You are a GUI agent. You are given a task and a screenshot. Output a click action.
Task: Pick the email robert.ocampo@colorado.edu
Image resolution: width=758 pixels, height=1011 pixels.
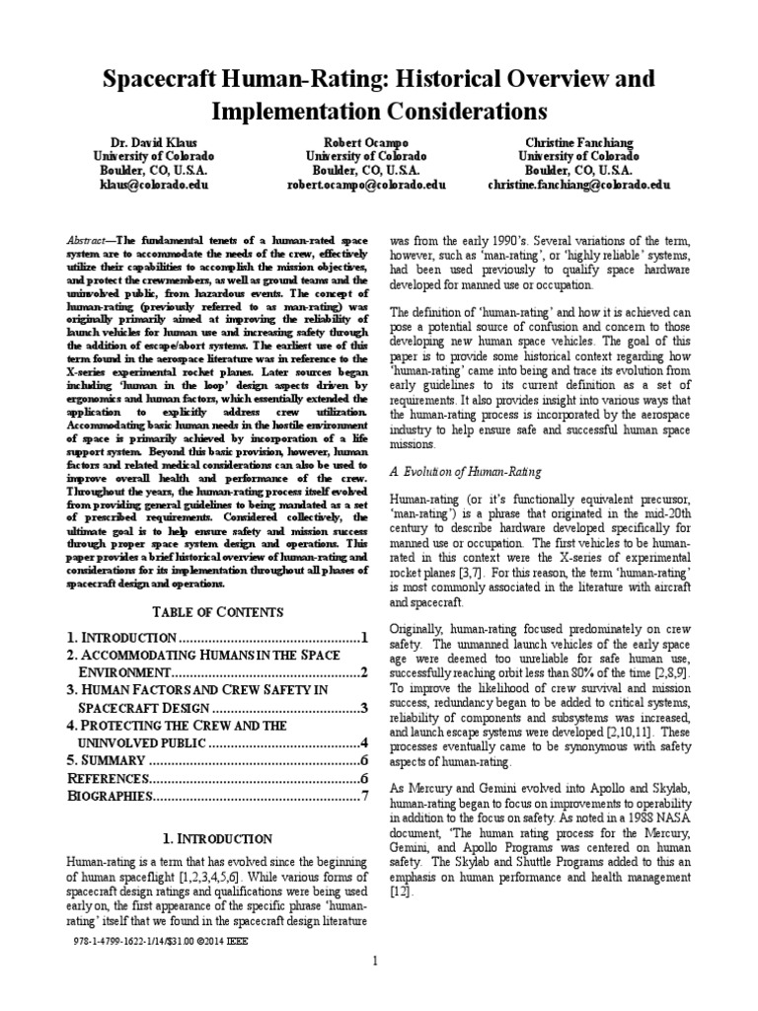pos(365,184)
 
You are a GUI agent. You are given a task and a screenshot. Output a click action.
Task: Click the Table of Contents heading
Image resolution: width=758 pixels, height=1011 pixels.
pos(217,611)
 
